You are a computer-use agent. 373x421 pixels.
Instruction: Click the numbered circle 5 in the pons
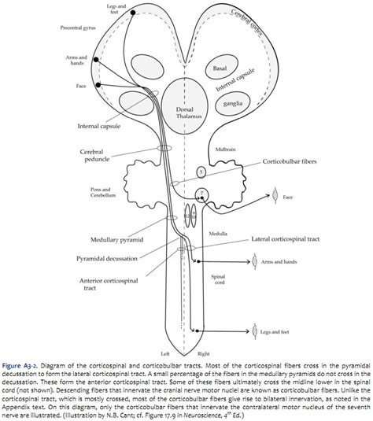pyautogui.click(x=201, y=171)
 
